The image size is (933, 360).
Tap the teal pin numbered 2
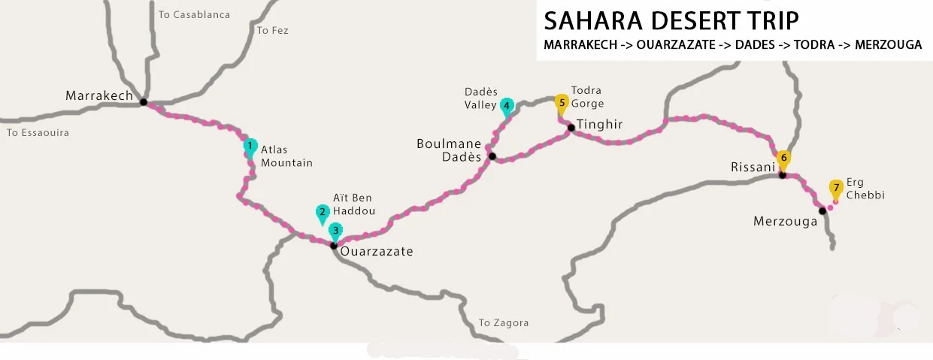coord(323,213)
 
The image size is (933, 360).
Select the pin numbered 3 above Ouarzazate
coord(335,231)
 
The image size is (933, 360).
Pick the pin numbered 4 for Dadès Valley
coord(507,106)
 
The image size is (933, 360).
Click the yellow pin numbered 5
coord(561,102)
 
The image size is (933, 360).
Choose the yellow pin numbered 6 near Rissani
coord(783,159)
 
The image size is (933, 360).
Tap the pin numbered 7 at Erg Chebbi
coord(835,187)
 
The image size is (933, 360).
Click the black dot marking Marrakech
coord(143,101)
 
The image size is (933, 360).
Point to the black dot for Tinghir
coord(571,127)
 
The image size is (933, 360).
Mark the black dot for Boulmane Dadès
coord(492,156)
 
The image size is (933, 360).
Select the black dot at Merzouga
coord(822,210)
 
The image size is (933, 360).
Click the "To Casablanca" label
coord(195,14)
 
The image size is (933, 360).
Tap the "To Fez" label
coord(272,31)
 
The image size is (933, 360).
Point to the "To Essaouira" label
coord(38,133)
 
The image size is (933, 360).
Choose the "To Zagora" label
coord(504,323)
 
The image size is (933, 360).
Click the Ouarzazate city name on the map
coord(377,252)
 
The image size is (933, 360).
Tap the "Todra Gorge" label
coord(587,97)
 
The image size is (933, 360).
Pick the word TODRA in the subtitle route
coord(814,45)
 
